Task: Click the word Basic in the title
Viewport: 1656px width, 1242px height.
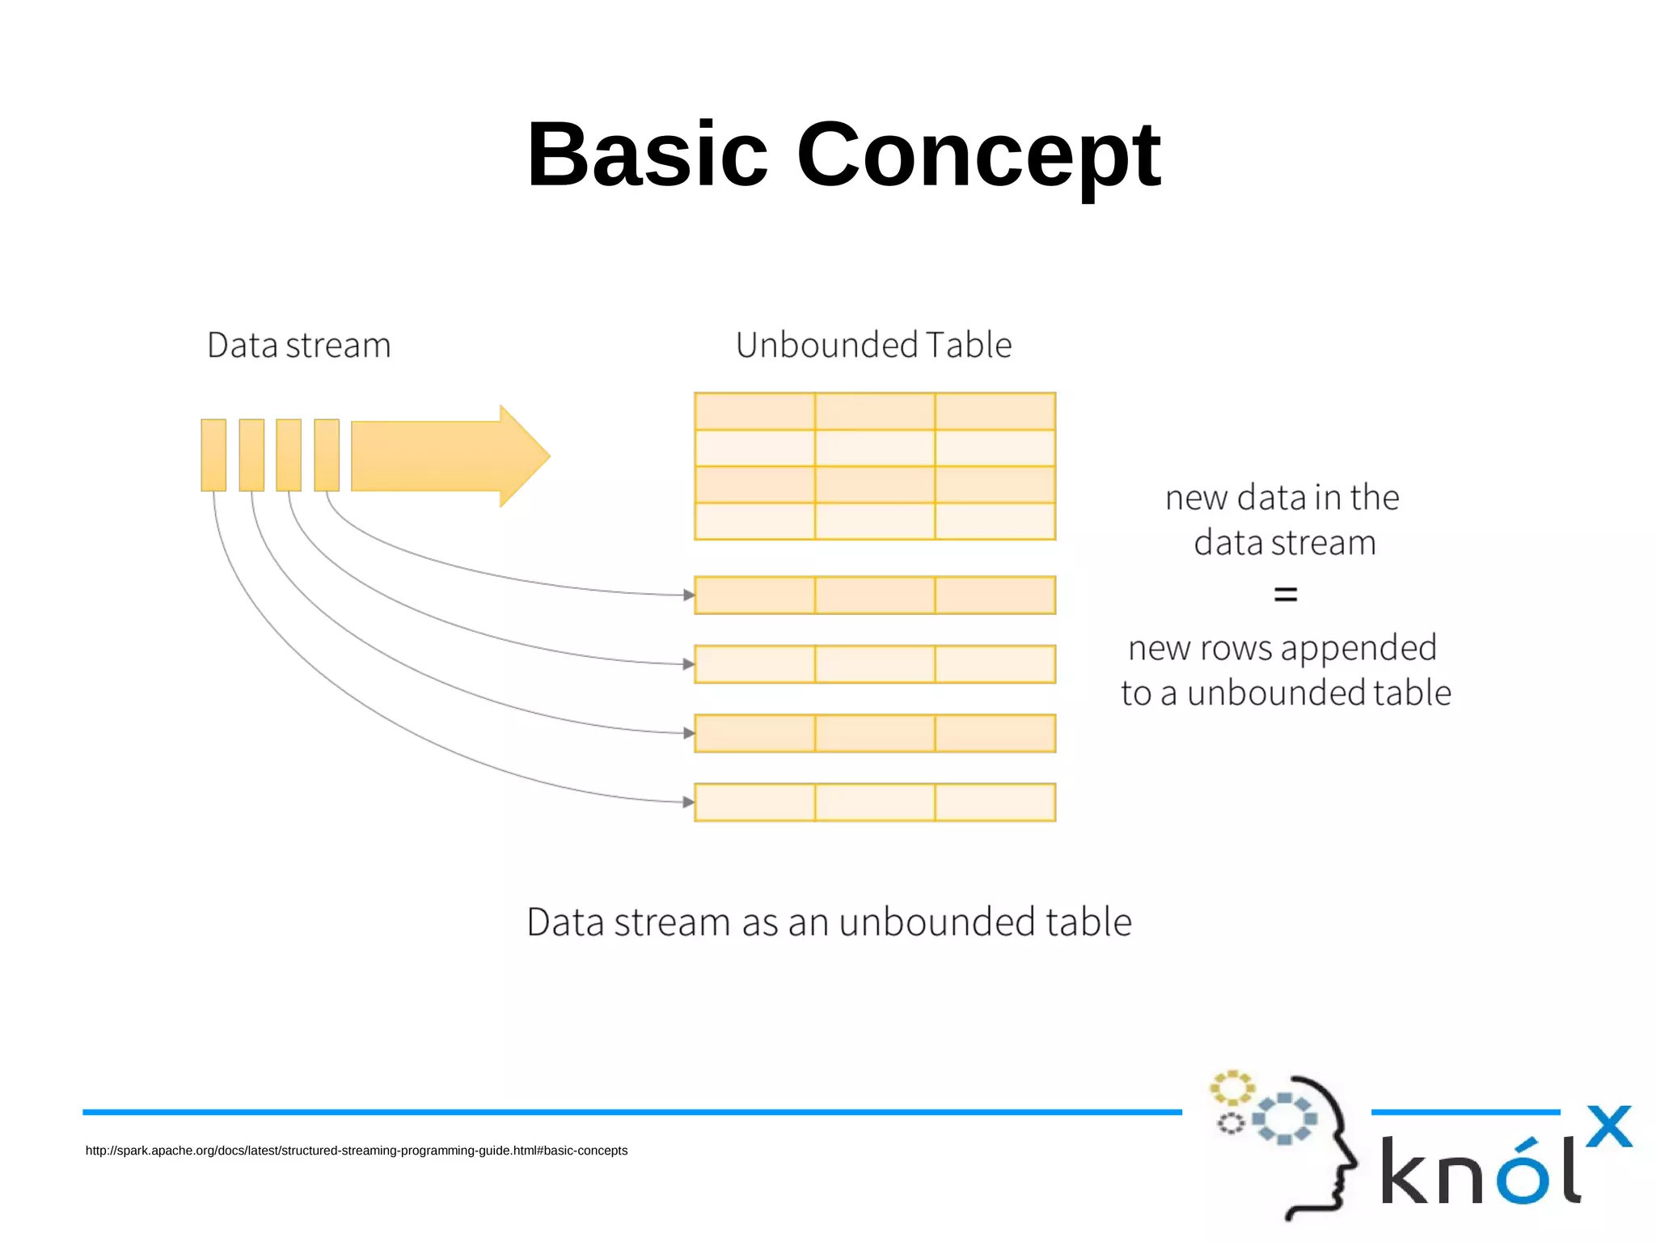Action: (x=647, y=154)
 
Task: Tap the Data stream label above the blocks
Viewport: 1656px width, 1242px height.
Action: (x=299, y=345)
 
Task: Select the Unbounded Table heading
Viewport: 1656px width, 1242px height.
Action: (x=873, y=345)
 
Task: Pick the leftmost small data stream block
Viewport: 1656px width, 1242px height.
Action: (x=213, y=455)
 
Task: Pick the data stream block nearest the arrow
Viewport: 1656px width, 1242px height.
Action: (x=327, y=455)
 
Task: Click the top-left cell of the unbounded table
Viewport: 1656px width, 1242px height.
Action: (x=754, y=411)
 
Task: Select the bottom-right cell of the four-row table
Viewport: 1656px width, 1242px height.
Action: (x=995, y=521)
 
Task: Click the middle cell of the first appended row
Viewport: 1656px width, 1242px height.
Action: (x=875, y=595)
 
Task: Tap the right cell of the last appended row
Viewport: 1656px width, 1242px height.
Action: (x=995, y=802)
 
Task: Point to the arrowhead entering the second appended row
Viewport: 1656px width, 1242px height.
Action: (x=689, y=664)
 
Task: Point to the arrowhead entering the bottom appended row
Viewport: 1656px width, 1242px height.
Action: (x=689, y=802)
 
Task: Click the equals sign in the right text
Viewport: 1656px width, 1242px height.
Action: (x=1285, y=595)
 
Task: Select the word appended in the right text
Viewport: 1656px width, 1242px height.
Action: (x=1358, y=648)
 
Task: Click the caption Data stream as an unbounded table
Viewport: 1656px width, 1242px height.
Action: (x=829, y=922)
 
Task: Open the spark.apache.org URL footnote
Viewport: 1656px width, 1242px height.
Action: (x=357, y=1151)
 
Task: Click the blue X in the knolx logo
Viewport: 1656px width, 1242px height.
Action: (x=1608, y=1126)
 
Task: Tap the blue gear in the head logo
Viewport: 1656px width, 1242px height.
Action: (x=1284, y=1119)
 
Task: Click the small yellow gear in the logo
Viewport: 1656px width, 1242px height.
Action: (x=1231, y=1087)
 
